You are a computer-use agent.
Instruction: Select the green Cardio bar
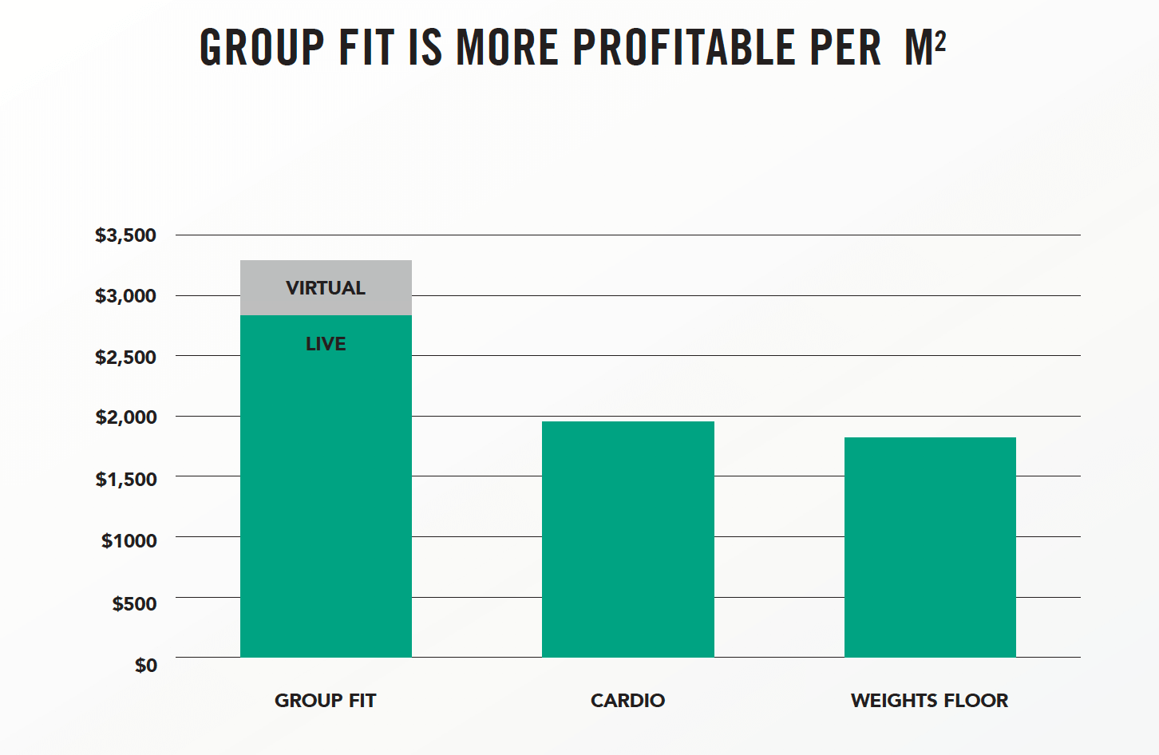[627, 539]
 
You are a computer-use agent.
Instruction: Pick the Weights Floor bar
[930, 547]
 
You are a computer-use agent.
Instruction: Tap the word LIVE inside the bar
[326, 344]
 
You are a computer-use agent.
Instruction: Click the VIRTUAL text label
[326, 288]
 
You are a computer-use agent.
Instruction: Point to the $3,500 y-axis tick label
[125, 235]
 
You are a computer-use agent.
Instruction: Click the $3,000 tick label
[125, 296]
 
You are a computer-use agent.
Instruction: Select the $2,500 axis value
[125, 357]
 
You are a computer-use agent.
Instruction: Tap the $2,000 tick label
[125, 417]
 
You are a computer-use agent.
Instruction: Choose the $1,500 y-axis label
[125, 479]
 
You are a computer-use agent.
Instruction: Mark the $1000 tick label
[129, 540]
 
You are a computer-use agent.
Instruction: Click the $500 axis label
[134, 603]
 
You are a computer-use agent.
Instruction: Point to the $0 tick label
[145, 665]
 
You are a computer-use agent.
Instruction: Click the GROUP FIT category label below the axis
[325, 701]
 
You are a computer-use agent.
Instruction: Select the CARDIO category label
[627, 701]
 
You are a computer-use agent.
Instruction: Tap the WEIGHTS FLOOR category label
[929, 701]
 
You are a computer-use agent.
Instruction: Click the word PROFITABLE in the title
[684, 47]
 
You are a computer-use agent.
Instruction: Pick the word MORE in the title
[507, 47]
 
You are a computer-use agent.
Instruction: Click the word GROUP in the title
[262, 47]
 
